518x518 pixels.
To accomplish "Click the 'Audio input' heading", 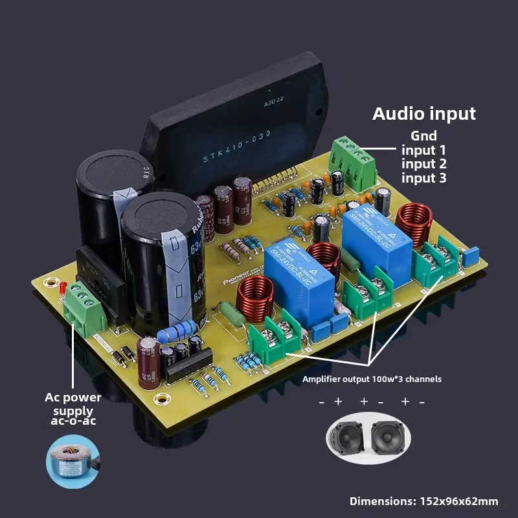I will [424, 114].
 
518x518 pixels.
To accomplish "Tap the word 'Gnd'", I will [424, 136].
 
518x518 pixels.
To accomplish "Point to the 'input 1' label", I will [424, 150].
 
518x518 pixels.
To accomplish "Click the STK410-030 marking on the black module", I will [237, 148].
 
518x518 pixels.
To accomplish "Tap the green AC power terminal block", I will [83, 310].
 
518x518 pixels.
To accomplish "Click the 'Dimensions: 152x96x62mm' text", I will [424, 501].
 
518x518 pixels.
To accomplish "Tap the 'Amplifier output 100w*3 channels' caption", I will [372, 379].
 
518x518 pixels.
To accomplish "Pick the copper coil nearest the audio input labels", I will [412, 222].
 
